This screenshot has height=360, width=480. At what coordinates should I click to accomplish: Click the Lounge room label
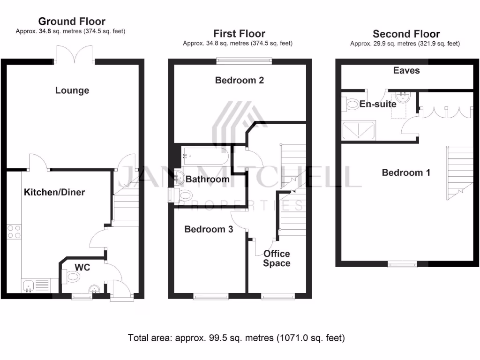(x=72, y=90)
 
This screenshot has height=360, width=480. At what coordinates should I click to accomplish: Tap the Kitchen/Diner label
(x=54, y=192)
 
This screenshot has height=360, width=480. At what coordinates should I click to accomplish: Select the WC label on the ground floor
(x=82, y=268)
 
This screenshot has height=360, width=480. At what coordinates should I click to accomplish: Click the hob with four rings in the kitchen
(x=14, y=232)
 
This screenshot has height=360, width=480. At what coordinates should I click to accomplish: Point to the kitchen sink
(x=27, y=285)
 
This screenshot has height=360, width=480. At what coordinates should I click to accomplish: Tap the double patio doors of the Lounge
(x=74, y=53)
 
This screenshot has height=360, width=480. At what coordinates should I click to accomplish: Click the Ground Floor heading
(x=72, y=22)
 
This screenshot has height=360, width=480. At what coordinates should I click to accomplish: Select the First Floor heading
(x=239, y=34)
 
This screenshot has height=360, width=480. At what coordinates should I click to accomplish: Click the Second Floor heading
(x=406, y=34)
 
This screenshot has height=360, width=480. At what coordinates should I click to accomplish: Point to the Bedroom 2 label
(x=239, y=80)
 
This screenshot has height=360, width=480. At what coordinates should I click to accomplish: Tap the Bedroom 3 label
(x=209, y=229)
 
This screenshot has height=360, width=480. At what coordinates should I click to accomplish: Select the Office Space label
(x=277, y=258)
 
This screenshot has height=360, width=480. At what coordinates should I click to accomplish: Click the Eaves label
(x=406, y=71)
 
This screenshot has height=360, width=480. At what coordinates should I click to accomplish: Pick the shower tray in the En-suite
(x=359, y=130)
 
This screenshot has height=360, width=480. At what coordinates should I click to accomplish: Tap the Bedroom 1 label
(x=406, y=172)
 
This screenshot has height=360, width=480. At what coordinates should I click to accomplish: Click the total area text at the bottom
(x=237, y=337)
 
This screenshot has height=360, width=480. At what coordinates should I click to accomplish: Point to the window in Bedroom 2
(x=244, y=60)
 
